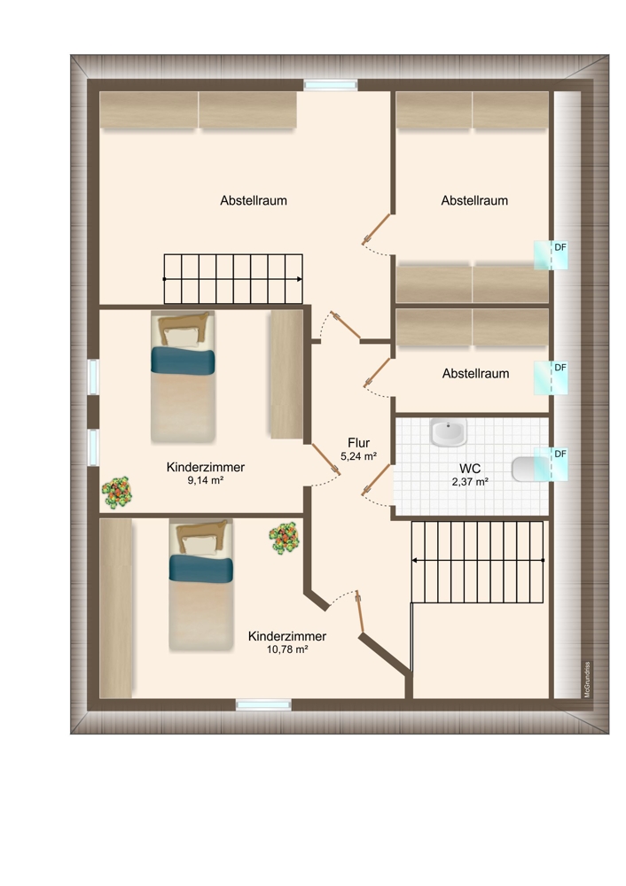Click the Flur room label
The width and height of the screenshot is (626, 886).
(x=358, y=443)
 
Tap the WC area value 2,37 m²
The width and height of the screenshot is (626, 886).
(x=470, y=482)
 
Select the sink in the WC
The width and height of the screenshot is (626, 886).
(x=448, y=433)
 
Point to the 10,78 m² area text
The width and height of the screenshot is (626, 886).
(x=287, y=649)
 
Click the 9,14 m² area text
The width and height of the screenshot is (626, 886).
(x=206, y=480)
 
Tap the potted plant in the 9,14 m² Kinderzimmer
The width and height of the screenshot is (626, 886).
(x=117, y=492)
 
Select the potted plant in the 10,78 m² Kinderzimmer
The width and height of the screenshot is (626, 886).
(x=284, y=538)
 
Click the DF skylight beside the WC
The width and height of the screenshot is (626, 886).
(x=551, y=464)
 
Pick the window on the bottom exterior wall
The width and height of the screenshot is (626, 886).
(x=263, y=704)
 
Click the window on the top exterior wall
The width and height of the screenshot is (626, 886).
(x=331, y=85)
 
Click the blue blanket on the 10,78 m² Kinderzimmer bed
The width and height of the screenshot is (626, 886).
(x=201, y=569)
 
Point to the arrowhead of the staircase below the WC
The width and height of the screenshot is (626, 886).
(x=414, y=561)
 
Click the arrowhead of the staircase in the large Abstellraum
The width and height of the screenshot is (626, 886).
(x=299, y=279)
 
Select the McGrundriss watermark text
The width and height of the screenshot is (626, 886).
(x=587, y=680)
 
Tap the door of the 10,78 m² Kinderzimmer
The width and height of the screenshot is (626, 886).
(x=360, y=612)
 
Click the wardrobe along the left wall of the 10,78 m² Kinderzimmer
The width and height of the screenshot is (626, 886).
(x=116, y=608)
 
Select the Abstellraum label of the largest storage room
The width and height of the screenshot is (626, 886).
(x=254, y=200)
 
